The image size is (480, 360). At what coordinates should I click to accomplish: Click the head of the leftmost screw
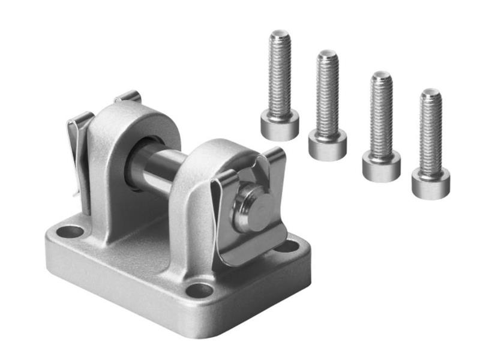[x=280, y=125]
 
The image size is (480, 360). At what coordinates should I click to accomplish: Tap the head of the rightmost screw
[x=431, y=183]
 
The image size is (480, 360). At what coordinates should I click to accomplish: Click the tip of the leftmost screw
[x=280, y=34]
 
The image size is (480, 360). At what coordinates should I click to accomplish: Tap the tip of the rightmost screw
[x=431, y=92]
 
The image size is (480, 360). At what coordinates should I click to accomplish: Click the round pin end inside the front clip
[x=251, y=206]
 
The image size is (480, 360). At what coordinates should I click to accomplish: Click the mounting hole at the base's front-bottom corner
[x=200, y=290]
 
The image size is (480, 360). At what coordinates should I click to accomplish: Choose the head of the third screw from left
[x=381, y=166]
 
